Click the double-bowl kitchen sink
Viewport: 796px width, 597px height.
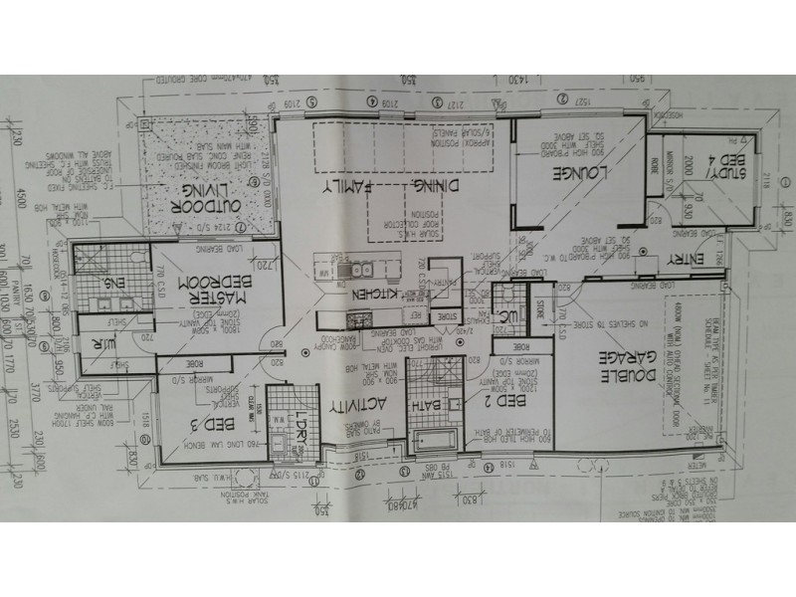tap(359, 270)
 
